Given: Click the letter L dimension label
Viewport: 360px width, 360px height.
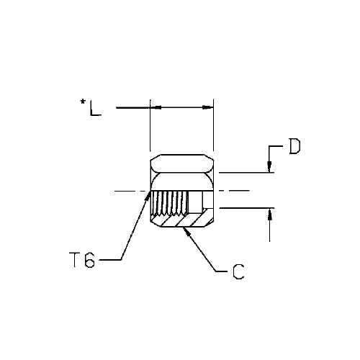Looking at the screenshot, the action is (96, 109).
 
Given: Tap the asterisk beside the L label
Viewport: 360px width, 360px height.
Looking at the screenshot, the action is (83, 102).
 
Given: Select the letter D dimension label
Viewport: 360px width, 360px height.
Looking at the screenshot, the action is (294, 146).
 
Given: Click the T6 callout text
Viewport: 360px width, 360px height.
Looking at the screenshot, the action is (82, 260).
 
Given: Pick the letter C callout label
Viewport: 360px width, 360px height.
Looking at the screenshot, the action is (238, 272).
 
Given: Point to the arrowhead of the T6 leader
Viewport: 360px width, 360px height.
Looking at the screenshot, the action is (149, 195).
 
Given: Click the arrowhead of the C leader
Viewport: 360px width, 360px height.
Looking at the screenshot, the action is (186, 230).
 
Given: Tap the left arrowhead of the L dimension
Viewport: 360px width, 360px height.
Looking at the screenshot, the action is (156, 107).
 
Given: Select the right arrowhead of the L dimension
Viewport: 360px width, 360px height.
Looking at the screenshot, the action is (208, 107).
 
